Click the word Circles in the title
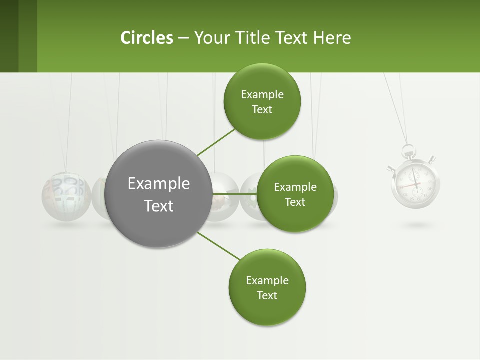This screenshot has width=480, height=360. tap(147, 38)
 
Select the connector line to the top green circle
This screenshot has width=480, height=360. tap(216, 142)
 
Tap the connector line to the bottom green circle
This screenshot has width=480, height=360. tap(218, 246)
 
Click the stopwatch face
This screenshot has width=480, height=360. tap(415, 183)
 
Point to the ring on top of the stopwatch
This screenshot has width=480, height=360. tap(408, 149)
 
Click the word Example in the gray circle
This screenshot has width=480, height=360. tap(159, 184)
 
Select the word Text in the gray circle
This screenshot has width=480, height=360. tap(159, 206)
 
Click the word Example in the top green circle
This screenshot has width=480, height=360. tap(262, 95)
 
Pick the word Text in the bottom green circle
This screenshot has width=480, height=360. tap(267, 295)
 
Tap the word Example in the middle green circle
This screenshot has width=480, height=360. tap(295, 187)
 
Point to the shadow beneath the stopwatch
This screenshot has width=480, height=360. tap(416, 225)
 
